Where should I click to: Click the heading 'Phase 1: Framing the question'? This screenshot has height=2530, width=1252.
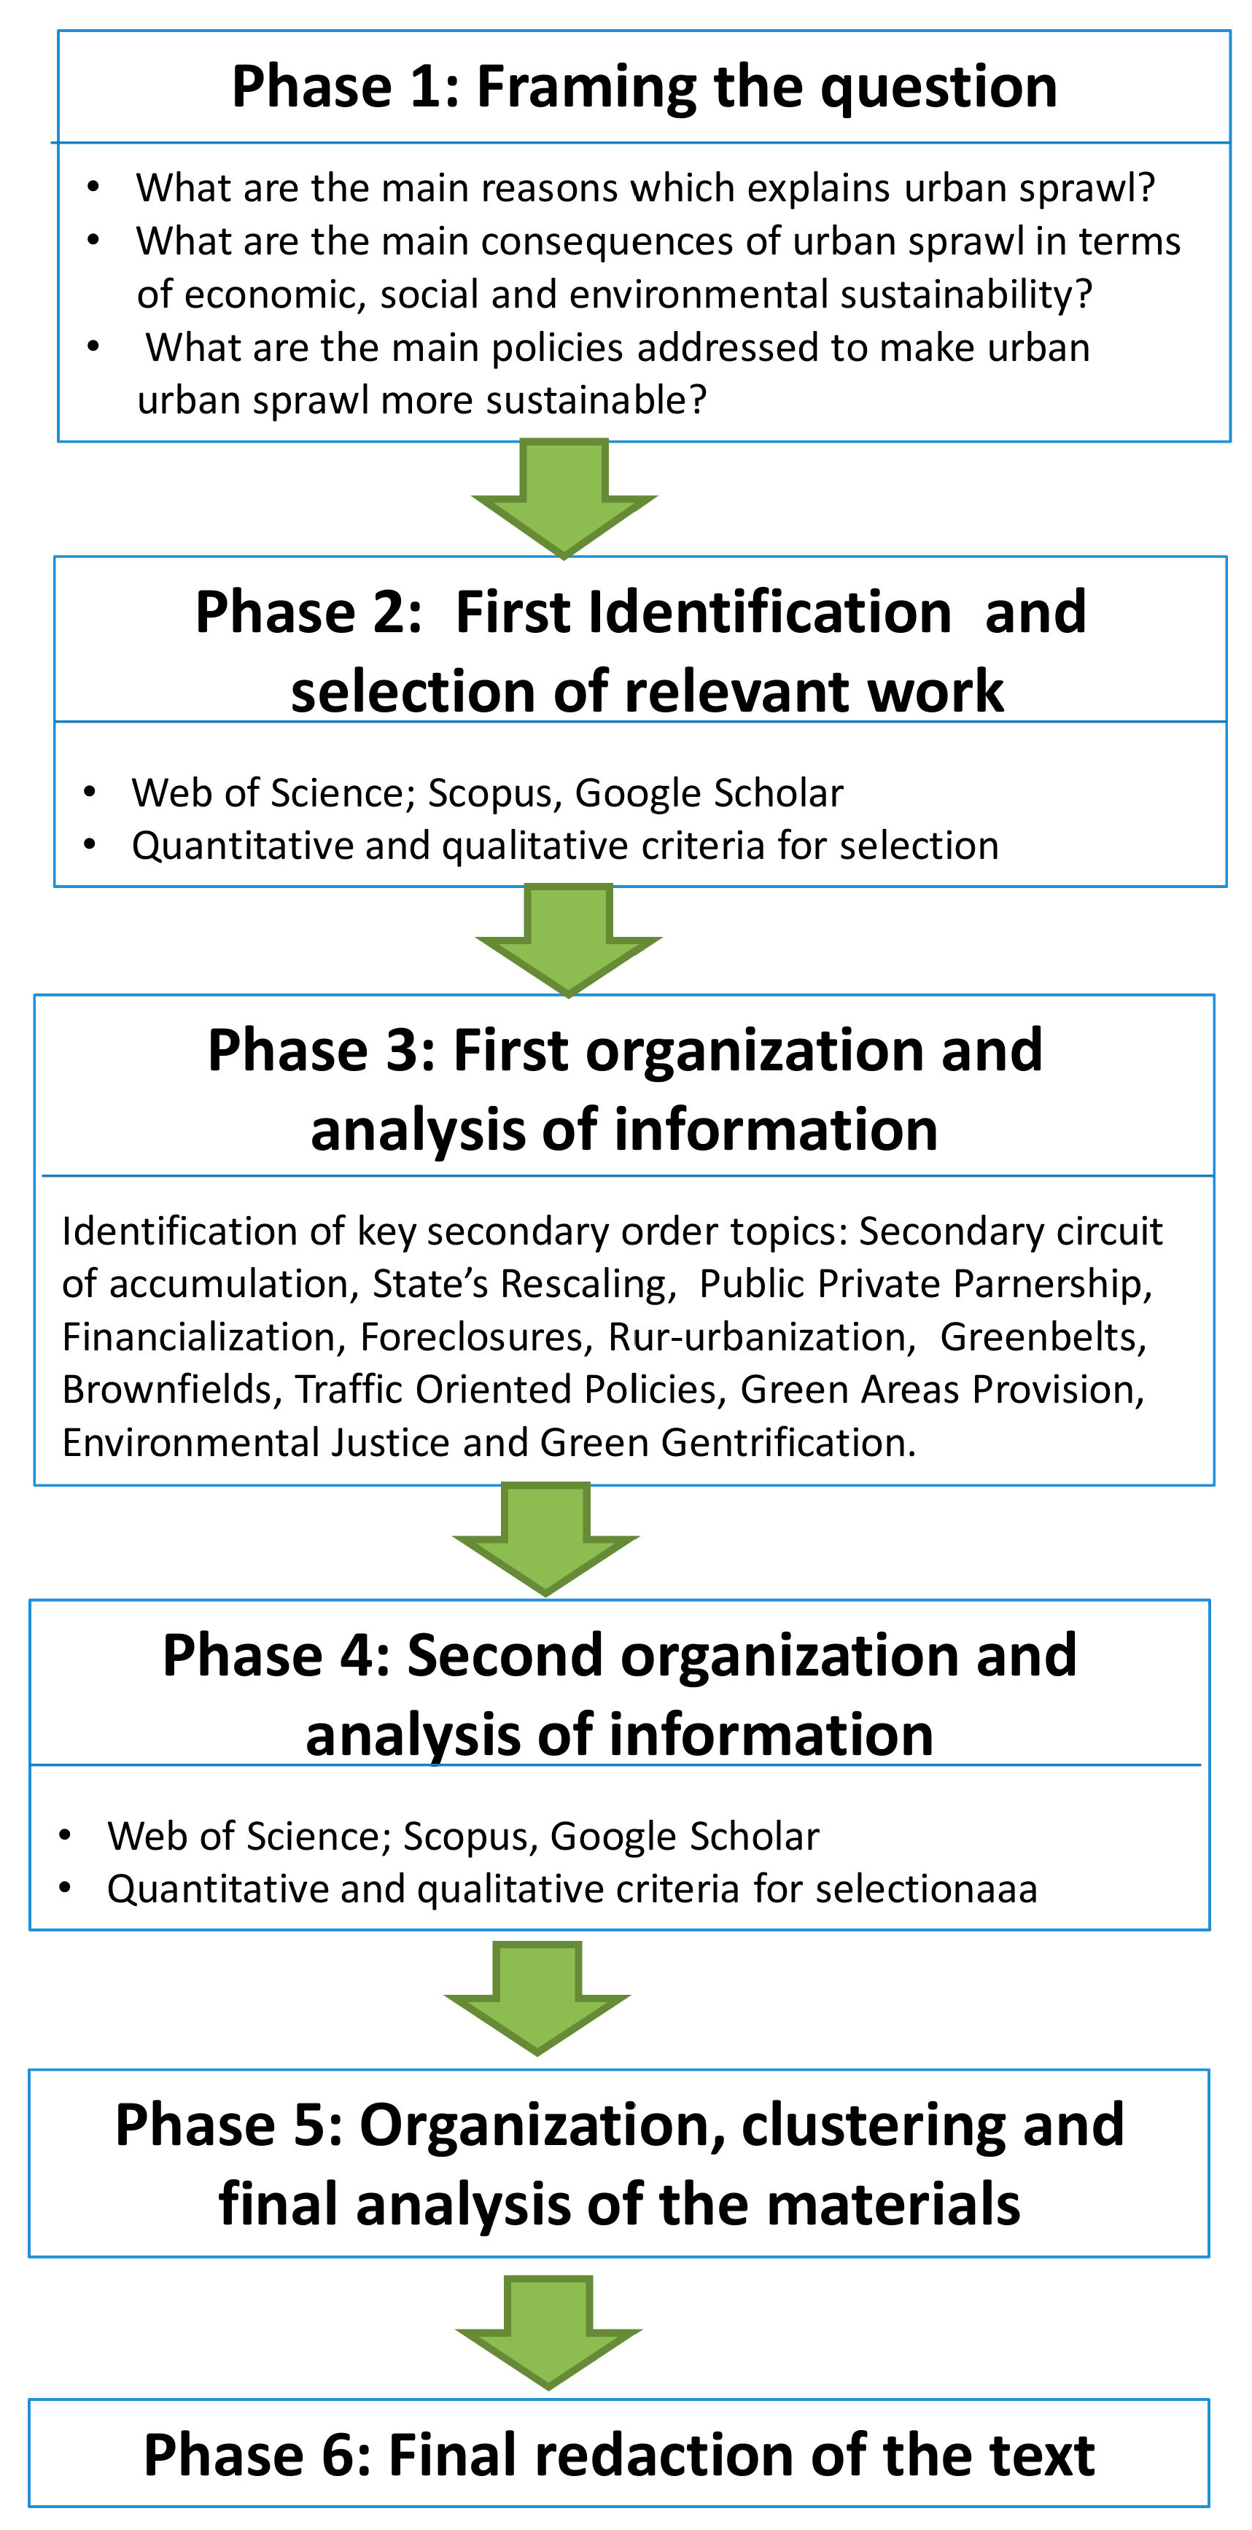[644, 87]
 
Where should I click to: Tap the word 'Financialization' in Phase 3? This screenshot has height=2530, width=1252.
[199, 1336]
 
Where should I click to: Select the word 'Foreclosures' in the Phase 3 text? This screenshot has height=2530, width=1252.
[476, 1336]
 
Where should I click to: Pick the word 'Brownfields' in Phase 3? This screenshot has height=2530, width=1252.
[172, 1390]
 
